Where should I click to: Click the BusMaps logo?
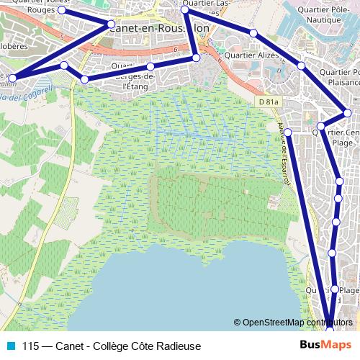(x=326, y=346)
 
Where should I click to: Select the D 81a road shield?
(x=267, y=102)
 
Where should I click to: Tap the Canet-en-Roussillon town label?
(x=162, y=28)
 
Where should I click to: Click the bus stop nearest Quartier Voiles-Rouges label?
(x=62, y=11)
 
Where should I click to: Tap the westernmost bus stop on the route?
(x=12, y=77)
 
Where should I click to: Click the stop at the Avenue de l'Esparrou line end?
(x=287, y=132)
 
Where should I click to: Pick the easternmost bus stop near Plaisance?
(x=347, y=112)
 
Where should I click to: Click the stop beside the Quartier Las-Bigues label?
(x=185, y=10)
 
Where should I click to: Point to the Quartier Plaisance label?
(x=338, y=77)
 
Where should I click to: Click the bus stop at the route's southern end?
(x=330, y=329)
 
